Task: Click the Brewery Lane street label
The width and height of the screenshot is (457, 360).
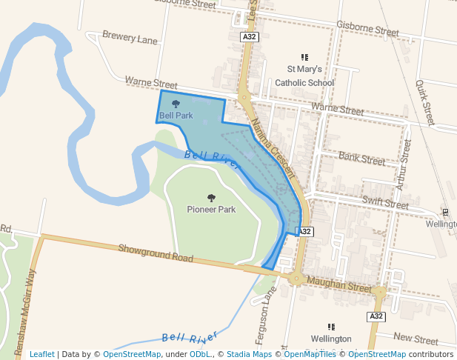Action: click(x=130, y=36)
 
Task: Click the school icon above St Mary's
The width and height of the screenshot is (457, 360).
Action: click(x=304, y=57)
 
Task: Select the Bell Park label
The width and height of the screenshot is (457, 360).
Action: click(x=176, y=116)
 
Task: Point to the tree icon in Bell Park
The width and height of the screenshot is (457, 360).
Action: click(x=176, y=104)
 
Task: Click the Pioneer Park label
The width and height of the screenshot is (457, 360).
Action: click(x=211, y=210)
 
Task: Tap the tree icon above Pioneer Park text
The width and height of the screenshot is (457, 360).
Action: click(x=211, y=198)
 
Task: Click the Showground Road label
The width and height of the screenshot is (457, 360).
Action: click(x=156, y=254)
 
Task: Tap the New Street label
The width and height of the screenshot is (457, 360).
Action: click(x=416, y=339)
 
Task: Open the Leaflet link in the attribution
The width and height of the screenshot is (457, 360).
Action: click(x=42, y=355)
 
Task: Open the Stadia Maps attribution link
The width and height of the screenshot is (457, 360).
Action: click(x=249, y=355)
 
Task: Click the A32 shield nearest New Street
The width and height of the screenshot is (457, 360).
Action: click(x=376, y=316)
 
